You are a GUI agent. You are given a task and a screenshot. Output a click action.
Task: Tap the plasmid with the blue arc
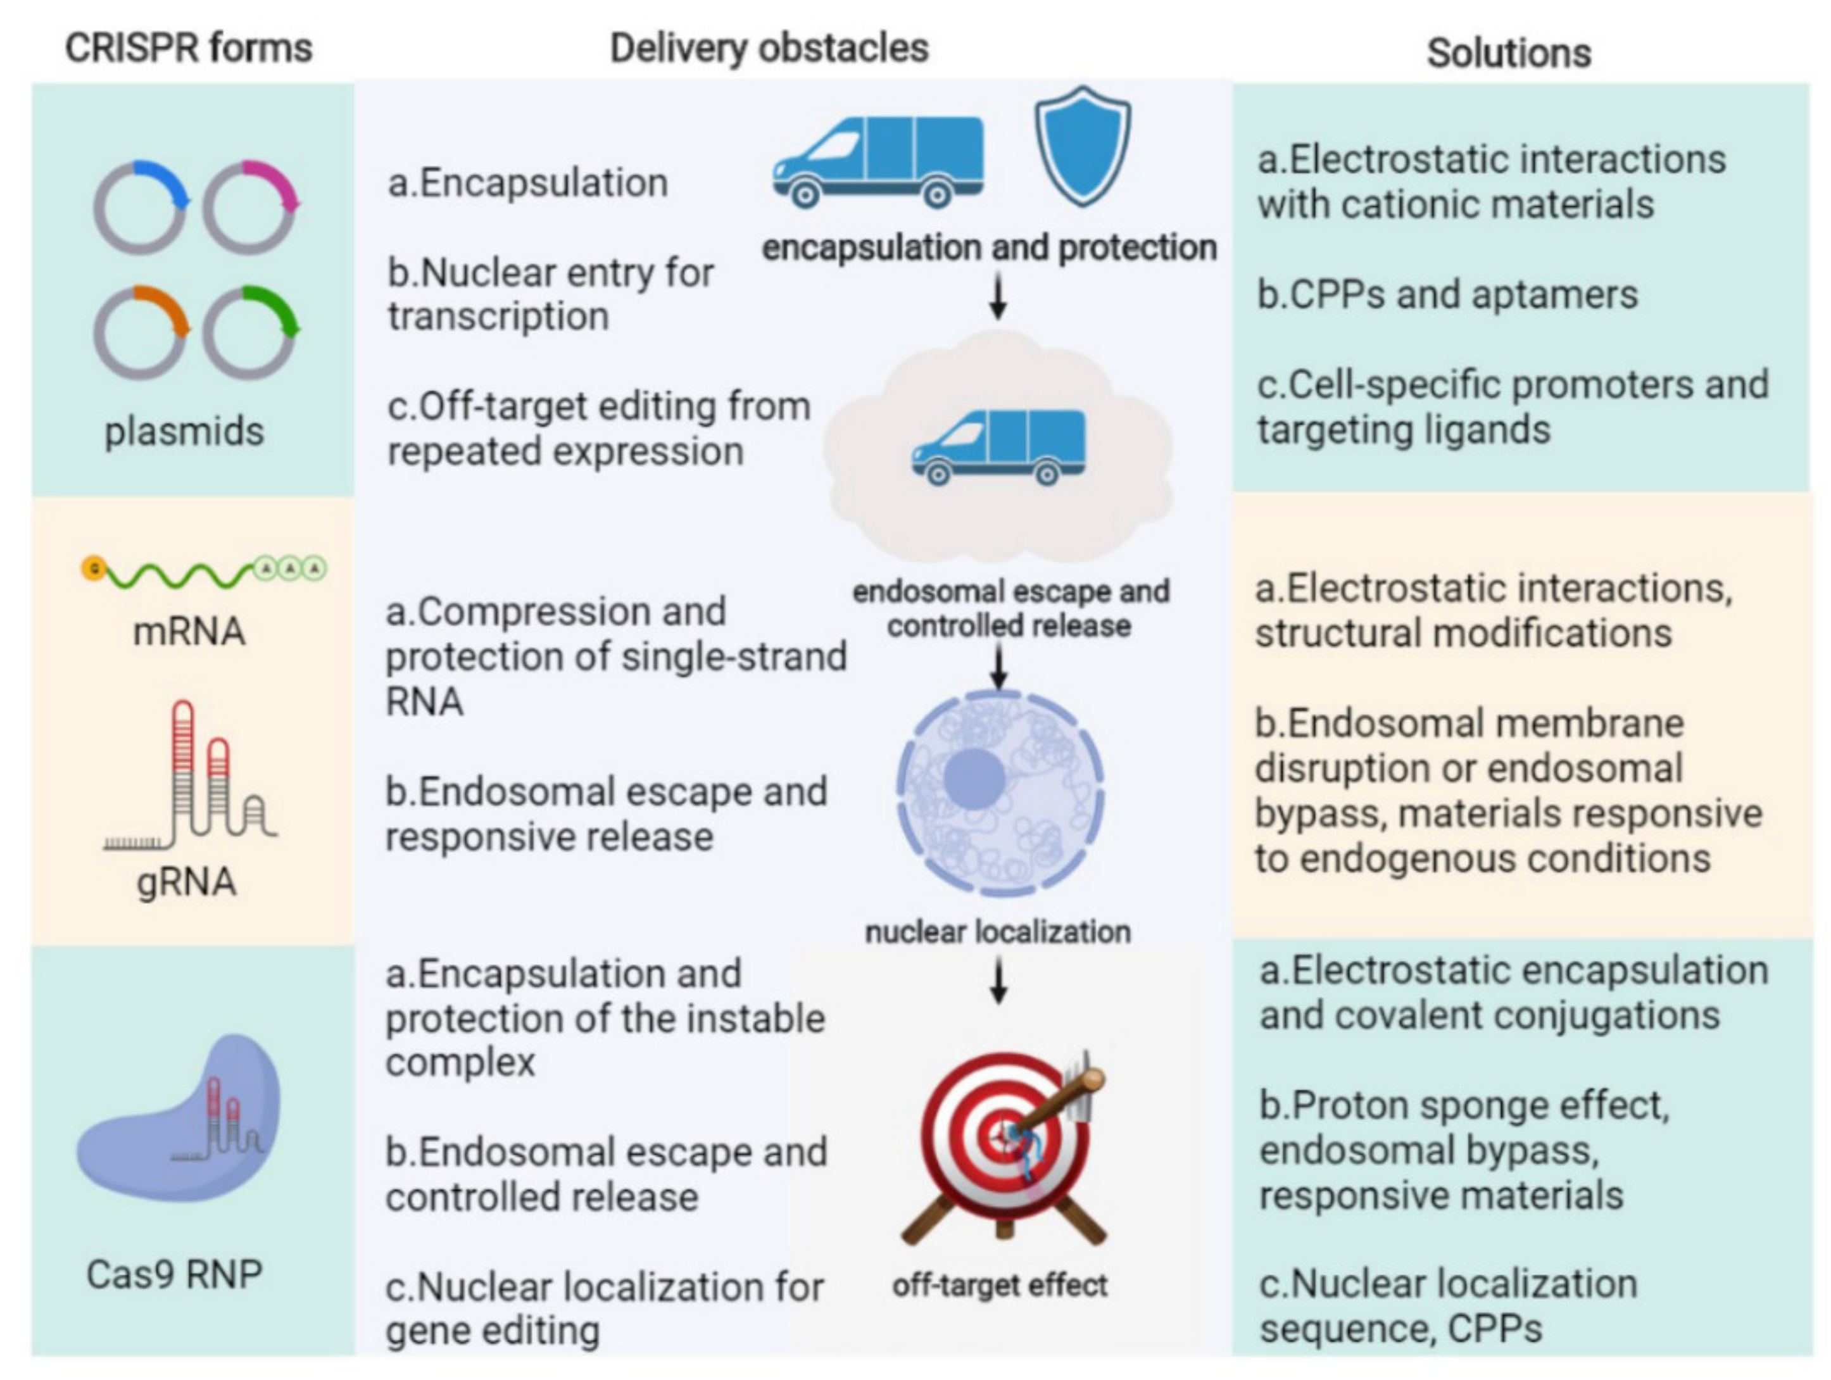pos(140,207)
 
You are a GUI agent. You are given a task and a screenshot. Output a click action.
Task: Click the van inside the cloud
pos(998,447)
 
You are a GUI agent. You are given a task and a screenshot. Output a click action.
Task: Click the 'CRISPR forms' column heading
pos(189,48)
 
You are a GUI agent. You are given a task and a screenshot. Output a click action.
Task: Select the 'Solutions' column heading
pos(1508,53)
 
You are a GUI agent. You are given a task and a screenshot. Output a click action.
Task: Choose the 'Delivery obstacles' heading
pos(769,48)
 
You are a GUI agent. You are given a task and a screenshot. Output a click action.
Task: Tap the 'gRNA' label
pos(186,882)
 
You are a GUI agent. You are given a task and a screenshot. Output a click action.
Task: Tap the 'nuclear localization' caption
pos(997,932)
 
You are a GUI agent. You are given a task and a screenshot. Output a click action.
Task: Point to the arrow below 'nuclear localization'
pos(999,982)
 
